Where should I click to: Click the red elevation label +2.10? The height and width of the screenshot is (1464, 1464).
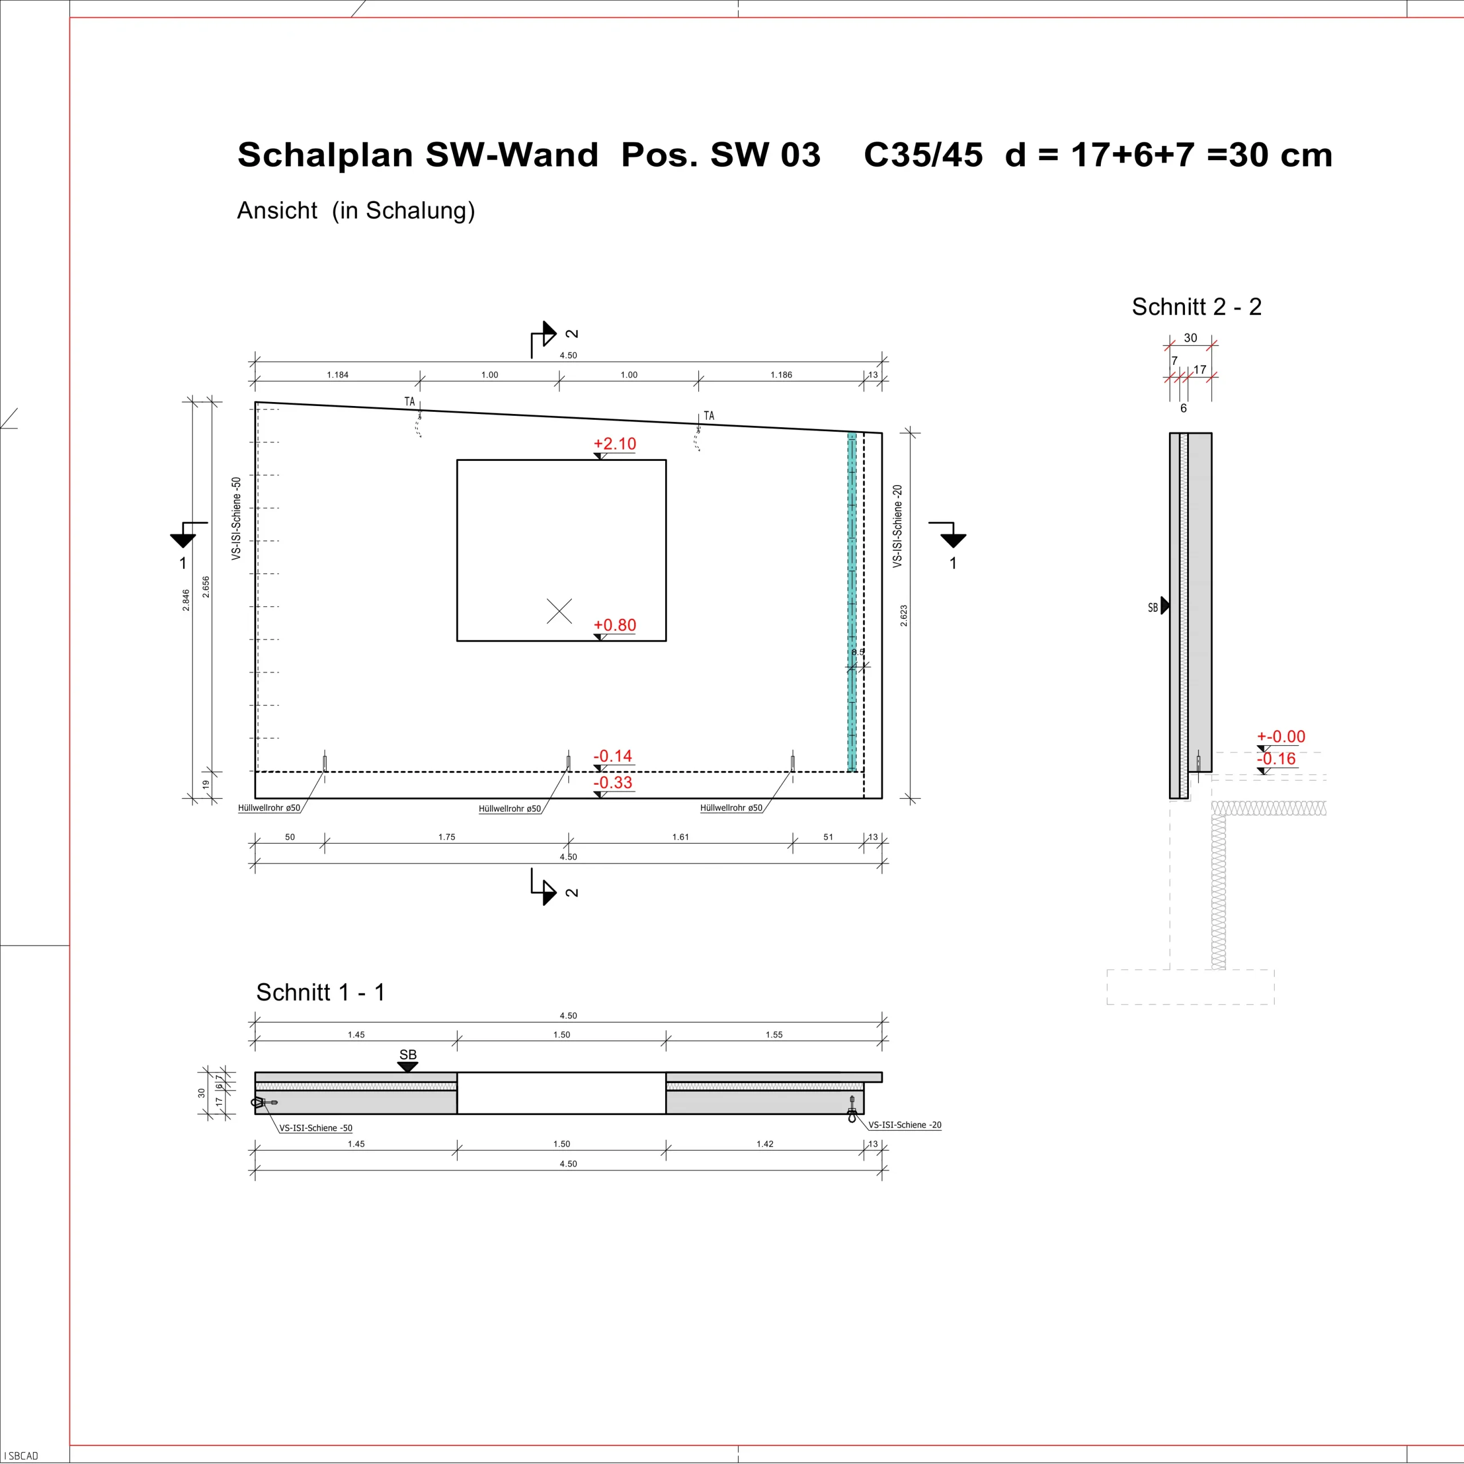[615, 444]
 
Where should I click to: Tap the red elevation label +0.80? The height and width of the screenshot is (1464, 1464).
[615, 625]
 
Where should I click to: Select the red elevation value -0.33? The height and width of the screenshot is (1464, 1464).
[613, 783]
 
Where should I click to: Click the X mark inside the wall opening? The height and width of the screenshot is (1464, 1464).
[559, 611]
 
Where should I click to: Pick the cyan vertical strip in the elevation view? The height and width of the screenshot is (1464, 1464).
[852, 602]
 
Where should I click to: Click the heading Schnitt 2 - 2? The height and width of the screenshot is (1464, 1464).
[1196, 307]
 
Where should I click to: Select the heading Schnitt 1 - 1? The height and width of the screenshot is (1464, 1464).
[320, 993]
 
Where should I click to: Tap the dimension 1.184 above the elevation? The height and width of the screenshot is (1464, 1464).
[338, 375]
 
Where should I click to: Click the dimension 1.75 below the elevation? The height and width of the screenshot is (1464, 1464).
[447, 837]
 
